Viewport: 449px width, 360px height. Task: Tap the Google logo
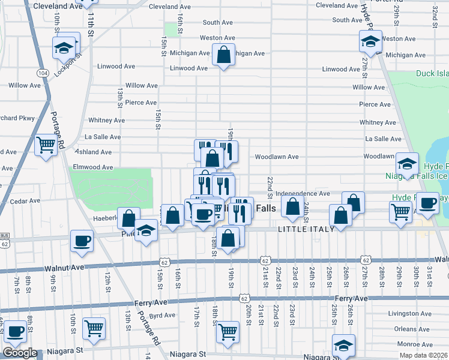[20, 353]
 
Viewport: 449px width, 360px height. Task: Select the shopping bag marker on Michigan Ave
[223, 55]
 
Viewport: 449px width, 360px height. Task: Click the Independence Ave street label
[308, 194]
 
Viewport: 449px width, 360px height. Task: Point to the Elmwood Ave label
[92, 167]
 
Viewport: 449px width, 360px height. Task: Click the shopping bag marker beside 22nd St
[292, 207]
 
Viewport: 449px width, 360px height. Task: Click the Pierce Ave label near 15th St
[141, 103]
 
